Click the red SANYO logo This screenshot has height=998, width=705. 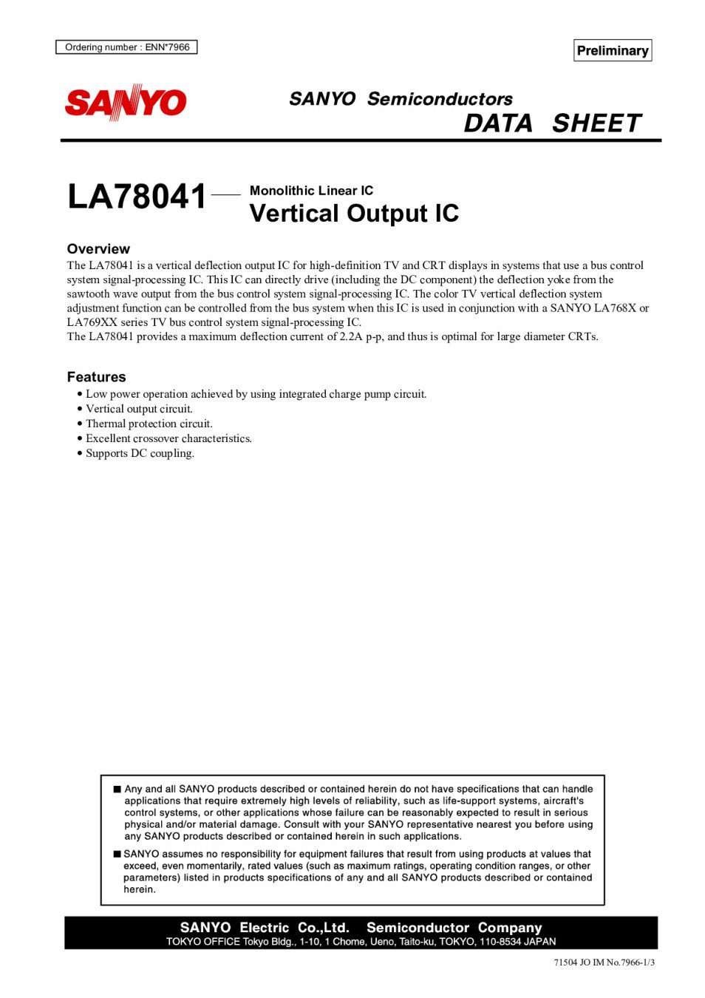(x=126, y=103)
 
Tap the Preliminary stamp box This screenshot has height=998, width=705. (x=612, y=50)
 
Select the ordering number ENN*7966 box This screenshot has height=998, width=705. (x=126, y=47)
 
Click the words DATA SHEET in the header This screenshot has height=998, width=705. (x=552, y=123)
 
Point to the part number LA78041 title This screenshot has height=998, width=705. (x=137, y=197)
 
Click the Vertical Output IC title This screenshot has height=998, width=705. (x=354, y=214)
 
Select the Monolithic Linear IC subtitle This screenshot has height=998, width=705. (x=311, y=191)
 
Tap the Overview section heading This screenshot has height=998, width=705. (x=98, y=249)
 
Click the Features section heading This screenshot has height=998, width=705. (x=96, y=377)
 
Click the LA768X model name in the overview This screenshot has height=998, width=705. (x=615, y=308)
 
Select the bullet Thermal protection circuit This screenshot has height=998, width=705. (x=149, y=424)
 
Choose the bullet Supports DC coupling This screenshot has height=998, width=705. (x=140, y=453)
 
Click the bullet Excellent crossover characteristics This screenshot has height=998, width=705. (x=168, y=438)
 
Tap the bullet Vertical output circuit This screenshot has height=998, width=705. (x=139, y=409)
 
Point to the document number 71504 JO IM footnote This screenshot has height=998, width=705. (x=604, y=963)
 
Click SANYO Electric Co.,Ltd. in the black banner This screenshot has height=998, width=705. (x=265, y=928)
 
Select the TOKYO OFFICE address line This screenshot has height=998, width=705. (x=361, y=942)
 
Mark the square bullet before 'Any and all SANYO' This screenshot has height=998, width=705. (x=117, y=790)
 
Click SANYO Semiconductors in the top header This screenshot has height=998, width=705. (x=401, y=99)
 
